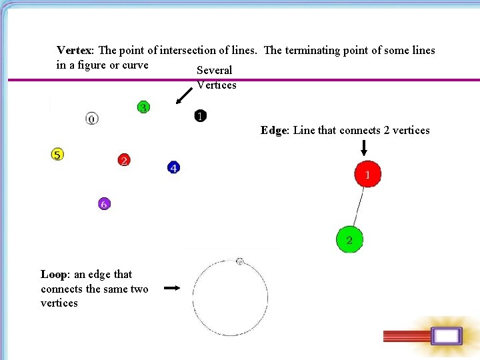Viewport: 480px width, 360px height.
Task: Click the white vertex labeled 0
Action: tap(92, 119)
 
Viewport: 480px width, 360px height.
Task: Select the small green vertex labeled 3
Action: tap(143, 107)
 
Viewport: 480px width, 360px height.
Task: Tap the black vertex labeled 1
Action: tap(200, 116)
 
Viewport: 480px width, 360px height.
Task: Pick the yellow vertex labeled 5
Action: tap(57, 155)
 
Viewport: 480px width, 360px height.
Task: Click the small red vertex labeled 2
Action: tap(123, 160)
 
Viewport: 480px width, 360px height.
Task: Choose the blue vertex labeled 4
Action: tap(173, 167)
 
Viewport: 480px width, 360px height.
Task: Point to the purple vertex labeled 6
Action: tap(103, 204)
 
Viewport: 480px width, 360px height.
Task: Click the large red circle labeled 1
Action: tap(368, 175)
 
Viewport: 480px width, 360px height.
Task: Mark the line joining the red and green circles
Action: tap(359, 207)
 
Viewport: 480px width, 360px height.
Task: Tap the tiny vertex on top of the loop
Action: tap(240, 261)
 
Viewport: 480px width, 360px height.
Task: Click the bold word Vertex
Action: tap(76, 51)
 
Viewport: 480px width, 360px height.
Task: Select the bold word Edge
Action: tap(273, 131)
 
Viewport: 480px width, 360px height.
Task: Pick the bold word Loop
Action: tap(53, 275)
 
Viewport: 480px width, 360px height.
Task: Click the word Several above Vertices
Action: tap(215, 71)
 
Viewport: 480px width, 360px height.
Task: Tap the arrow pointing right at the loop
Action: tap(172, 288)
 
